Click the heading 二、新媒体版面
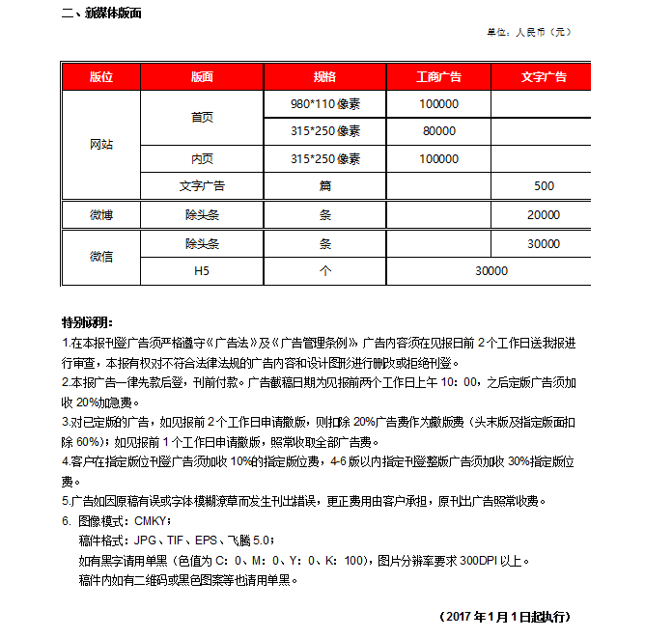101,14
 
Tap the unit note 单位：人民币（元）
528,32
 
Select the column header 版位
101,76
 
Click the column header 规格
324,76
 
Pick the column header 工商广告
438,76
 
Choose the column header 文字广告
543,76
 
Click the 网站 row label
101,145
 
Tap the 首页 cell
202,117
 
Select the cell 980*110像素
324,103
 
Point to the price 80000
438,130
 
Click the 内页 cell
202,158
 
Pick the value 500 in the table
543,186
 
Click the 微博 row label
101,215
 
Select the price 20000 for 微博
543,215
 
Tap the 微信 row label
101,257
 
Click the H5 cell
202,271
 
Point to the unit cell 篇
324,186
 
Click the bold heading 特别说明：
88,321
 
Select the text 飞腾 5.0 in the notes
250,540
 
